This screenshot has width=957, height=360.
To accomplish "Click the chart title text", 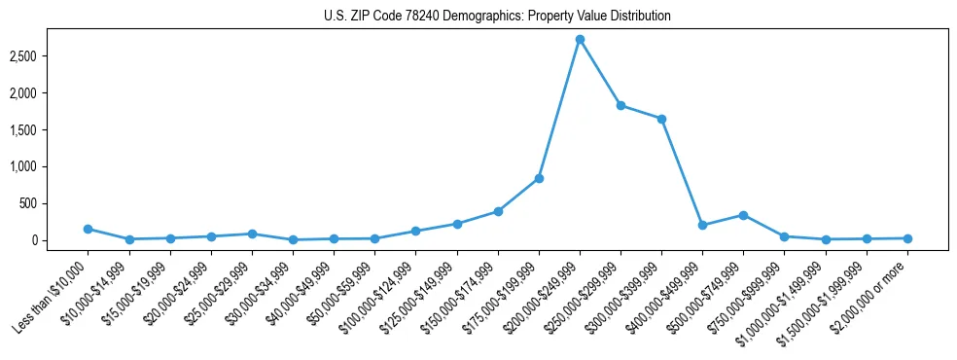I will coord(497,17).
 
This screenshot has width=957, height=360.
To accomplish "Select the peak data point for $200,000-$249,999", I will coord(580,39).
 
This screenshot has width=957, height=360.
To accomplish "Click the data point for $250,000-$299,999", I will coord(620,105).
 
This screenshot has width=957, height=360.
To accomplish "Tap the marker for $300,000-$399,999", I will coord(661,119).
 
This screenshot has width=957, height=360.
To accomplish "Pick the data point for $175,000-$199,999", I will coord(539,178).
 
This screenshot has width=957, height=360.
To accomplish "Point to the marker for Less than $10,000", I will coord(88,229).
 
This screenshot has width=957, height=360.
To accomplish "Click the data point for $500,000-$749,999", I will coord(743,215).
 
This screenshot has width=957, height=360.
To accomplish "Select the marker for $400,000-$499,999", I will coord(702,225).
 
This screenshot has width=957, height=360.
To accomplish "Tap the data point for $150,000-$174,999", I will coord(498,211).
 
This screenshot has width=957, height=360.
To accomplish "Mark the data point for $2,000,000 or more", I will coord(907,238).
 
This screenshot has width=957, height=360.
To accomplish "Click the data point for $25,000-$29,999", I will coord(252,234).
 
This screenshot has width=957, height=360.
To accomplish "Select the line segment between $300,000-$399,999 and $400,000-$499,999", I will coord(682,172).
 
